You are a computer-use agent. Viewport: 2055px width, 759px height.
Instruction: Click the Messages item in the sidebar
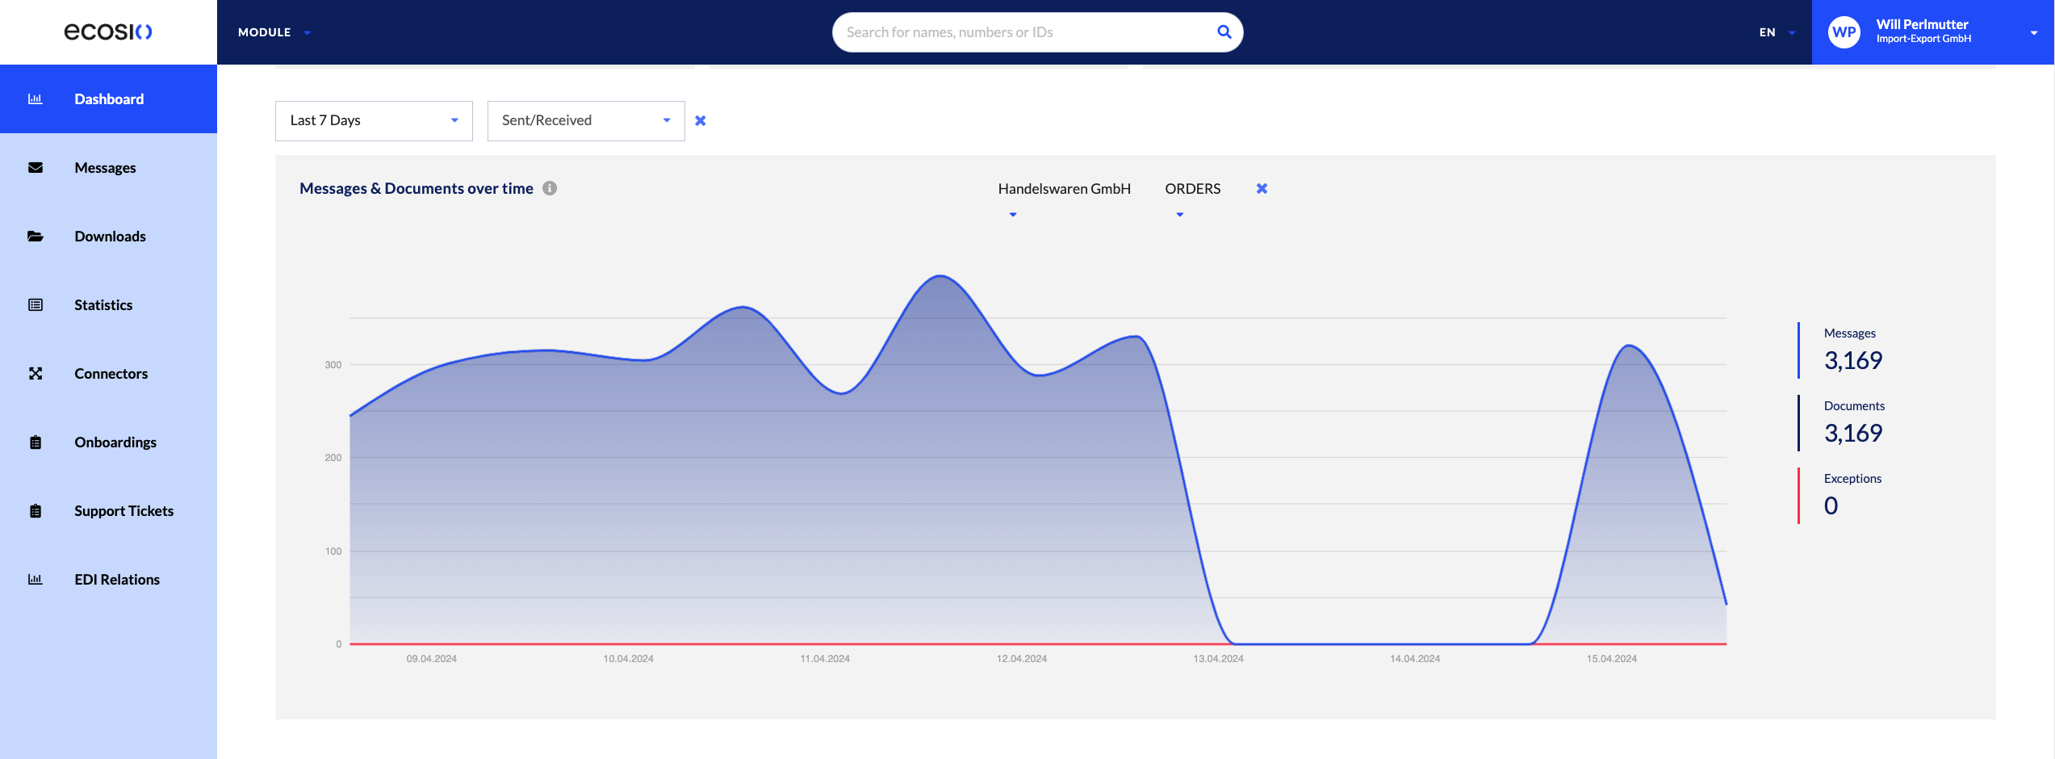[x=105, y=168]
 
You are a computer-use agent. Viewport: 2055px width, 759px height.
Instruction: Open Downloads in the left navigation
[x=110, y=237]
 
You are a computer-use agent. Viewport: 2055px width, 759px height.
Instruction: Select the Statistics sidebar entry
[x=103, y=305]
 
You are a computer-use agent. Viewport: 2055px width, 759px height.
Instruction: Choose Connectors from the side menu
[x=111, y=374]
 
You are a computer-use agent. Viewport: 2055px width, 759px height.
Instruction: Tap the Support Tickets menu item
[x=123, y=511]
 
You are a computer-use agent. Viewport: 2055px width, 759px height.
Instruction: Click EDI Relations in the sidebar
[x=117, y=580]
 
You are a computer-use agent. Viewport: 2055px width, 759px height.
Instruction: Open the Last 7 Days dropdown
[x=374, y=121]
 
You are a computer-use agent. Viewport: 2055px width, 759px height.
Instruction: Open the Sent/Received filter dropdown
[x=586, y=121]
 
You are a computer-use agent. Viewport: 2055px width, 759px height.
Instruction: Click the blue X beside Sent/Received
[x=701, y=121]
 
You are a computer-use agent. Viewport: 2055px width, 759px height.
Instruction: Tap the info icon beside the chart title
[x=550, y=188]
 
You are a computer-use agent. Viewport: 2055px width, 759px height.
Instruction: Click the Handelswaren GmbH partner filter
[x=1064, y=189]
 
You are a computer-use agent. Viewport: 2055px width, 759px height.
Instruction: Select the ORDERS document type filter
[x=1192, y=189]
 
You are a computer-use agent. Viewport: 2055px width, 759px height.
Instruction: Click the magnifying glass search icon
[x=1224, y=32]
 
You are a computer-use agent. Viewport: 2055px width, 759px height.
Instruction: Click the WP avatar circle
[x=1844, y=32]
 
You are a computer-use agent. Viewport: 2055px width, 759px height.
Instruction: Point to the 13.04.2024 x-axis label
[x=1218, y=659]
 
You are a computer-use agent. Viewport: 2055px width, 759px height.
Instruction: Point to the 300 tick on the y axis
[x=333, y=365]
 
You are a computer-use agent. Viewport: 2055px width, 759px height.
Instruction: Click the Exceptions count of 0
[x=1831, y=505]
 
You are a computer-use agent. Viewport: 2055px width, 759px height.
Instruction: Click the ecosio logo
[x=108, y=31]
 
